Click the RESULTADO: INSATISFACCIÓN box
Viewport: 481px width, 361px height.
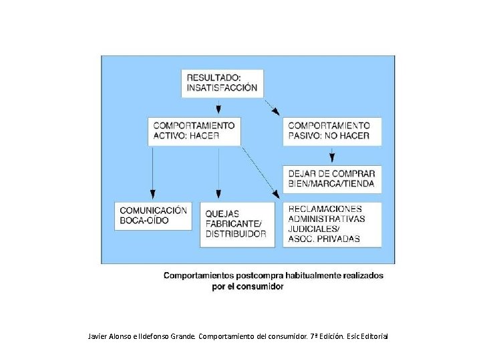pyautogui.click(x=222, y=82)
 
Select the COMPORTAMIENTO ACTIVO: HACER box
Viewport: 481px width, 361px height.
pyautogui.click(x=194, y=131)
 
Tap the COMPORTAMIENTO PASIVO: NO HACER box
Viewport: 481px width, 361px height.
pyautogui.click(x=332, y=131)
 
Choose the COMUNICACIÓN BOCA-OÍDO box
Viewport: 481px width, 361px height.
pyautogui.click(x=152, y=215)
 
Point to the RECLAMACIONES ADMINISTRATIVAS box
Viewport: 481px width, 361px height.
pyautogui.click(x=332, y=225)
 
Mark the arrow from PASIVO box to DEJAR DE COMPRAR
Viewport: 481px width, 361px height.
pyautogui.click(x=332, y=155)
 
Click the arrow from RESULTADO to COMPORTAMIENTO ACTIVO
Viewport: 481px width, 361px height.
pyautogui.click(x=219, y=107)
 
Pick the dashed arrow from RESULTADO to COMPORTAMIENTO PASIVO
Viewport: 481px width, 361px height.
pyautogui.click(x=273, y=107)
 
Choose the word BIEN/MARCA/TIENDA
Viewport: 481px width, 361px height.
pyautogui.click(x=331, y=184)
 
